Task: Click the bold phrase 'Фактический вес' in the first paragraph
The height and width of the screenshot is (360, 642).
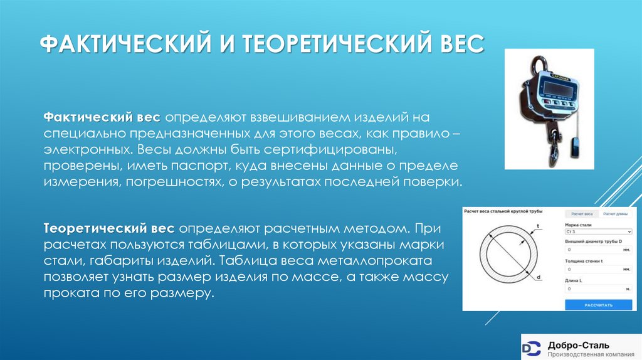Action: pos(102,119)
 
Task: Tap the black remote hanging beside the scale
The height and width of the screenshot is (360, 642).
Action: pos(576,150)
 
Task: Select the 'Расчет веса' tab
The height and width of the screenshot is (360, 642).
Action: pos(581,214)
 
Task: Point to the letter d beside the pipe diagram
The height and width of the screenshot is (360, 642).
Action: pos(539,277)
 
